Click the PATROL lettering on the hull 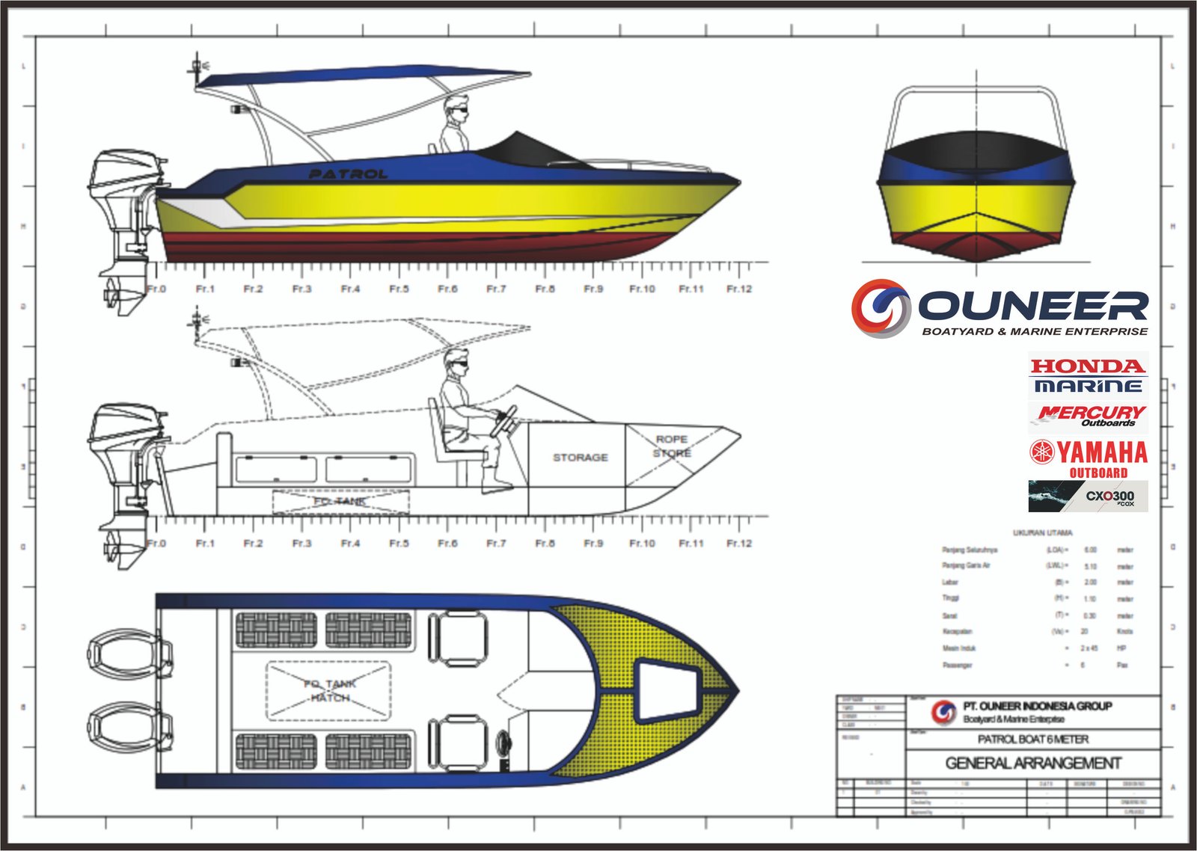point(349,174)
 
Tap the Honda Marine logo point(1088,375)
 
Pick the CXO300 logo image point(1088,497)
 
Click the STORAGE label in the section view point(580,457)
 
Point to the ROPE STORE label point(672,446)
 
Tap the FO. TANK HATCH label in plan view point(329,690)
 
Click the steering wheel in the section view point(505,420)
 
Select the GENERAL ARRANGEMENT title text point(1033,764)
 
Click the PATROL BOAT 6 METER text point(1033,739)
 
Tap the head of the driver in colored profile point(456,108)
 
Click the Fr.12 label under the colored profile point(739,289)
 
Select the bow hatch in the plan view point(666,682)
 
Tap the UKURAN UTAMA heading point(1042,533)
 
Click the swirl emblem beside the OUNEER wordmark point(881,307)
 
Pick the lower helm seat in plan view point(457,743)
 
